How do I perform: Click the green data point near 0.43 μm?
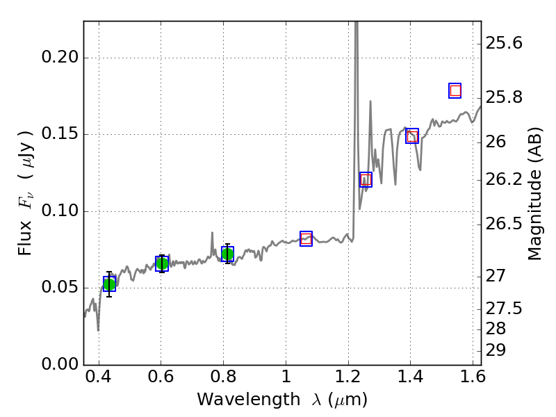click(109, 284)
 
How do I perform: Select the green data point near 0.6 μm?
click(162, 263)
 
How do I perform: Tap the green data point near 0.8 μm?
click(227, 254)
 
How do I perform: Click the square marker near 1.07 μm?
click(306, 238)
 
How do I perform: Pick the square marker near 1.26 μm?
click(366, 179)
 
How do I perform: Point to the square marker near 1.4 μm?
click(411, 136)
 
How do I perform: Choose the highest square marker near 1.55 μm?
click(455, 90)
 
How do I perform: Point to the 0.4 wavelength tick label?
click(99, 380)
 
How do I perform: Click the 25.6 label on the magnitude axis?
click(507, 43)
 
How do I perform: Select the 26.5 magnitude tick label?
click(507, 224)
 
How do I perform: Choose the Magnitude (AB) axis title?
click(534, 193)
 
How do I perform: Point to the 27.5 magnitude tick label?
click(507, 308)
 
